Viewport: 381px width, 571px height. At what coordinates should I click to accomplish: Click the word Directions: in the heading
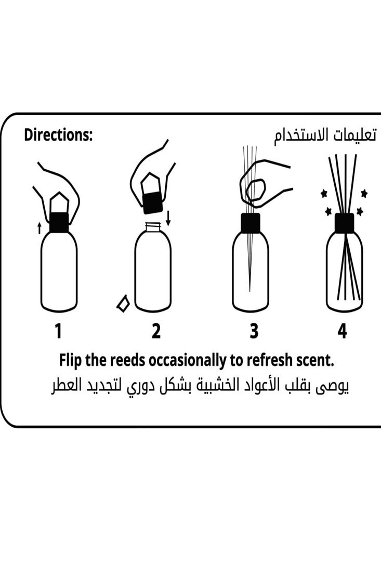(58, 135)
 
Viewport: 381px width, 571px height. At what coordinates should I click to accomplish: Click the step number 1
(58, 331)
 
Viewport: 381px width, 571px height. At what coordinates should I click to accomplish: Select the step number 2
(156, 331)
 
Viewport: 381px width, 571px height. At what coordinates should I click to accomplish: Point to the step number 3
(254, 331)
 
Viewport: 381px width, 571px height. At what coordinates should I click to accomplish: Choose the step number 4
(341, 331)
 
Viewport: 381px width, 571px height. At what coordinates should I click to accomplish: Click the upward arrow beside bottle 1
(40, 227)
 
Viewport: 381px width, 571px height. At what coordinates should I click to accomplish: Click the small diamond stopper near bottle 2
(123, 304)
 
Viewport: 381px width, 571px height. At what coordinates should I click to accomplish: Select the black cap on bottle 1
(59, 222)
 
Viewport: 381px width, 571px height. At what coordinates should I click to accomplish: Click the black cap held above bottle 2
(152, 202)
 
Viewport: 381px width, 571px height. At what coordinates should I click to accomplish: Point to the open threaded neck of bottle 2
(152, 227)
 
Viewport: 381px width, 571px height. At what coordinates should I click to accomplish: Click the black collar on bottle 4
(344, 223)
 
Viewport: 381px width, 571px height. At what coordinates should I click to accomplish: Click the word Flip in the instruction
(71, 360)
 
